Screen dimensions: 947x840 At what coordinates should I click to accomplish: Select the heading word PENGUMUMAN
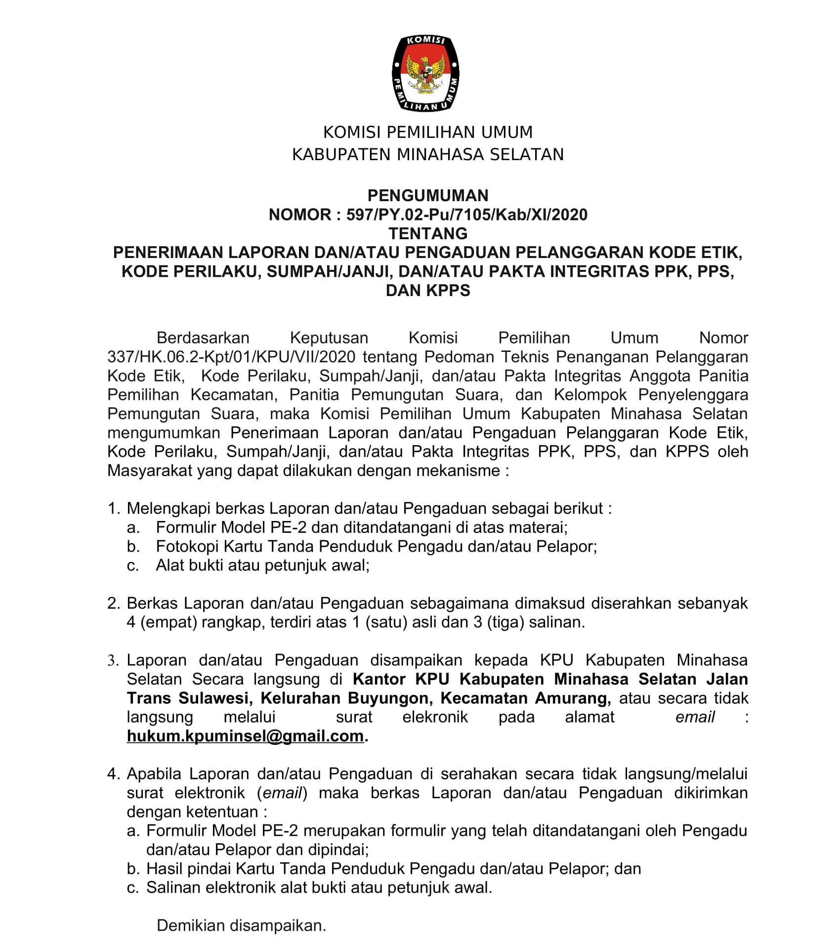coord(428,196)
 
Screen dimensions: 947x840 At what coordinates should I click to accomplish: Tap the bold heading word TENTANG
coord(428,233)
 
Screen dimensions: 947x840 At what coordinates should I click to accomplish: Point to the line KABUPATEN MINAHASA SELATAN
coord(428,155)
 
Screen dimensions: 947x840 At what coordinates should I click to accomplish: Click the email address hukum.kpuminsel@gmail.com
coord(245,736)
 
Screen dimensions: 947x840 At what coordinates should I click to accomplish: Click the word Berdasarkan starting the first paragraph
coord(203,338)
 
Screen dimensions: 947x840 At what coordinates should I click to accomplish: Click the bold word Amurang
coord(572,698)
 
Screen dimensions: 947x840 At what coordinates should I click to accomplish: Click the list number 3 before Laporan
coord(113,661)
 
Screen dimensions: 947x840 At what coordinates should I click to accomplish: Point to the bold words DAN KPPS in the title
coord(428,290)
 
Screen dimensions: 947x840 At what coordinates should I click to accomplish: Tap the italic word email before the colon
coord(695,717)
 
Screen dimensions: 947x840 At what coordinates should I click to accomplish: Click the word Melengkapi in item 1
coord(168,509)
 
